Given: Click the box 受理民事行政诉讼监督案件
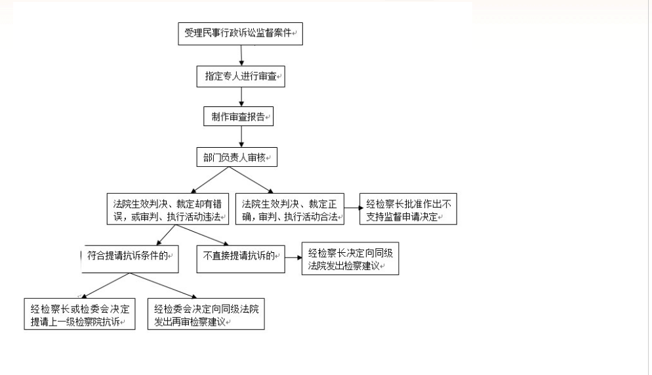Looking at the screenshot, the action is pos(240,33).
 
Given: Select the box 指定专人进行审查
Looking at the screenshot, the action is pos(241,76).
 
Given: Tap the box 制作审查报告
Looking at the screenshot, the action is pos(238,116).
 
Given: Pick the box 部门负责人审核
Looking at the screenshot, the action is pos(237,157).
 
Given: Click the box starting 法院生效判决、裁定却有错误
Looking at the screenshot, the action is pos(167,209).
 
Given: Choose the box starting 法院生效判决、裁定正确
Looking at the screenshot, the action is pos(290,209).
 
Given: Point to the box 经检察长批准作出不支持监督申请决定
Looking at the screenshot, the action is pos(408,209).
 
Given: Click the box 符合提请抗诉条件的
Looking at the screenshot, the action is pos(130,259).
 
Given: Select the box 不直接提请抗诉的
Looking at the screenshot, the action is pos(241,259).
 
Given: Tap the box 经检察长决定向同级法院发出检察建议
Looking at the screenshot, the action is pos(350,259).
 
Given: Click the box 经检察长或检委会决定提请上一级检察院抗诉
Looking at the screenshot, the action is pos(79,314).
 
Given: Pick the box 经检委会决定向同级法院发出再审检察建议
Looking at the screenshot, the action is pos(206,314).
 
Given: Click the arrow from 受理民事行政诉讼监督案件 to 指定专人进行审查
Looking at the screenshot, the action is pos(241,55).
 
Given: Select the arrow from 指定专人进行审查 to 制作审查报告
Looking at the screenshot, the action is pos(241,97).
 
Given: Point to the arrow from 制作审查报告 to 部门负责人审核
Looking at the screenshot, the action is pos(241,137).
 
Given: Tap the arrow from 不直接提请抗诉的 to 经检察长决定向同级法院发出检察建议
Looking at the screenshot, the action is pos(294,257).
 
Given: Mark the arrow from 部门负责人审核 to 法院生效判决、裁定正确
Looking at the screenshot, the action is pos(251,180).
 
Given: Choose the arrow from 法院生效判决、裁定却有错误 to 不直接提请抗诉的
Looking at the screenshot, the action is pos(202,235).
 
